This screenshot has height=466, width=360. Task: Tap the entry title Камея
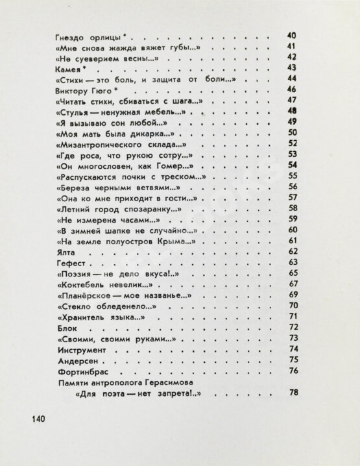click(x=69, y=67)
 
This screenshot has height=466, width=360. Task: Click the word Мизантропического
click(x=109, y=143)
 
